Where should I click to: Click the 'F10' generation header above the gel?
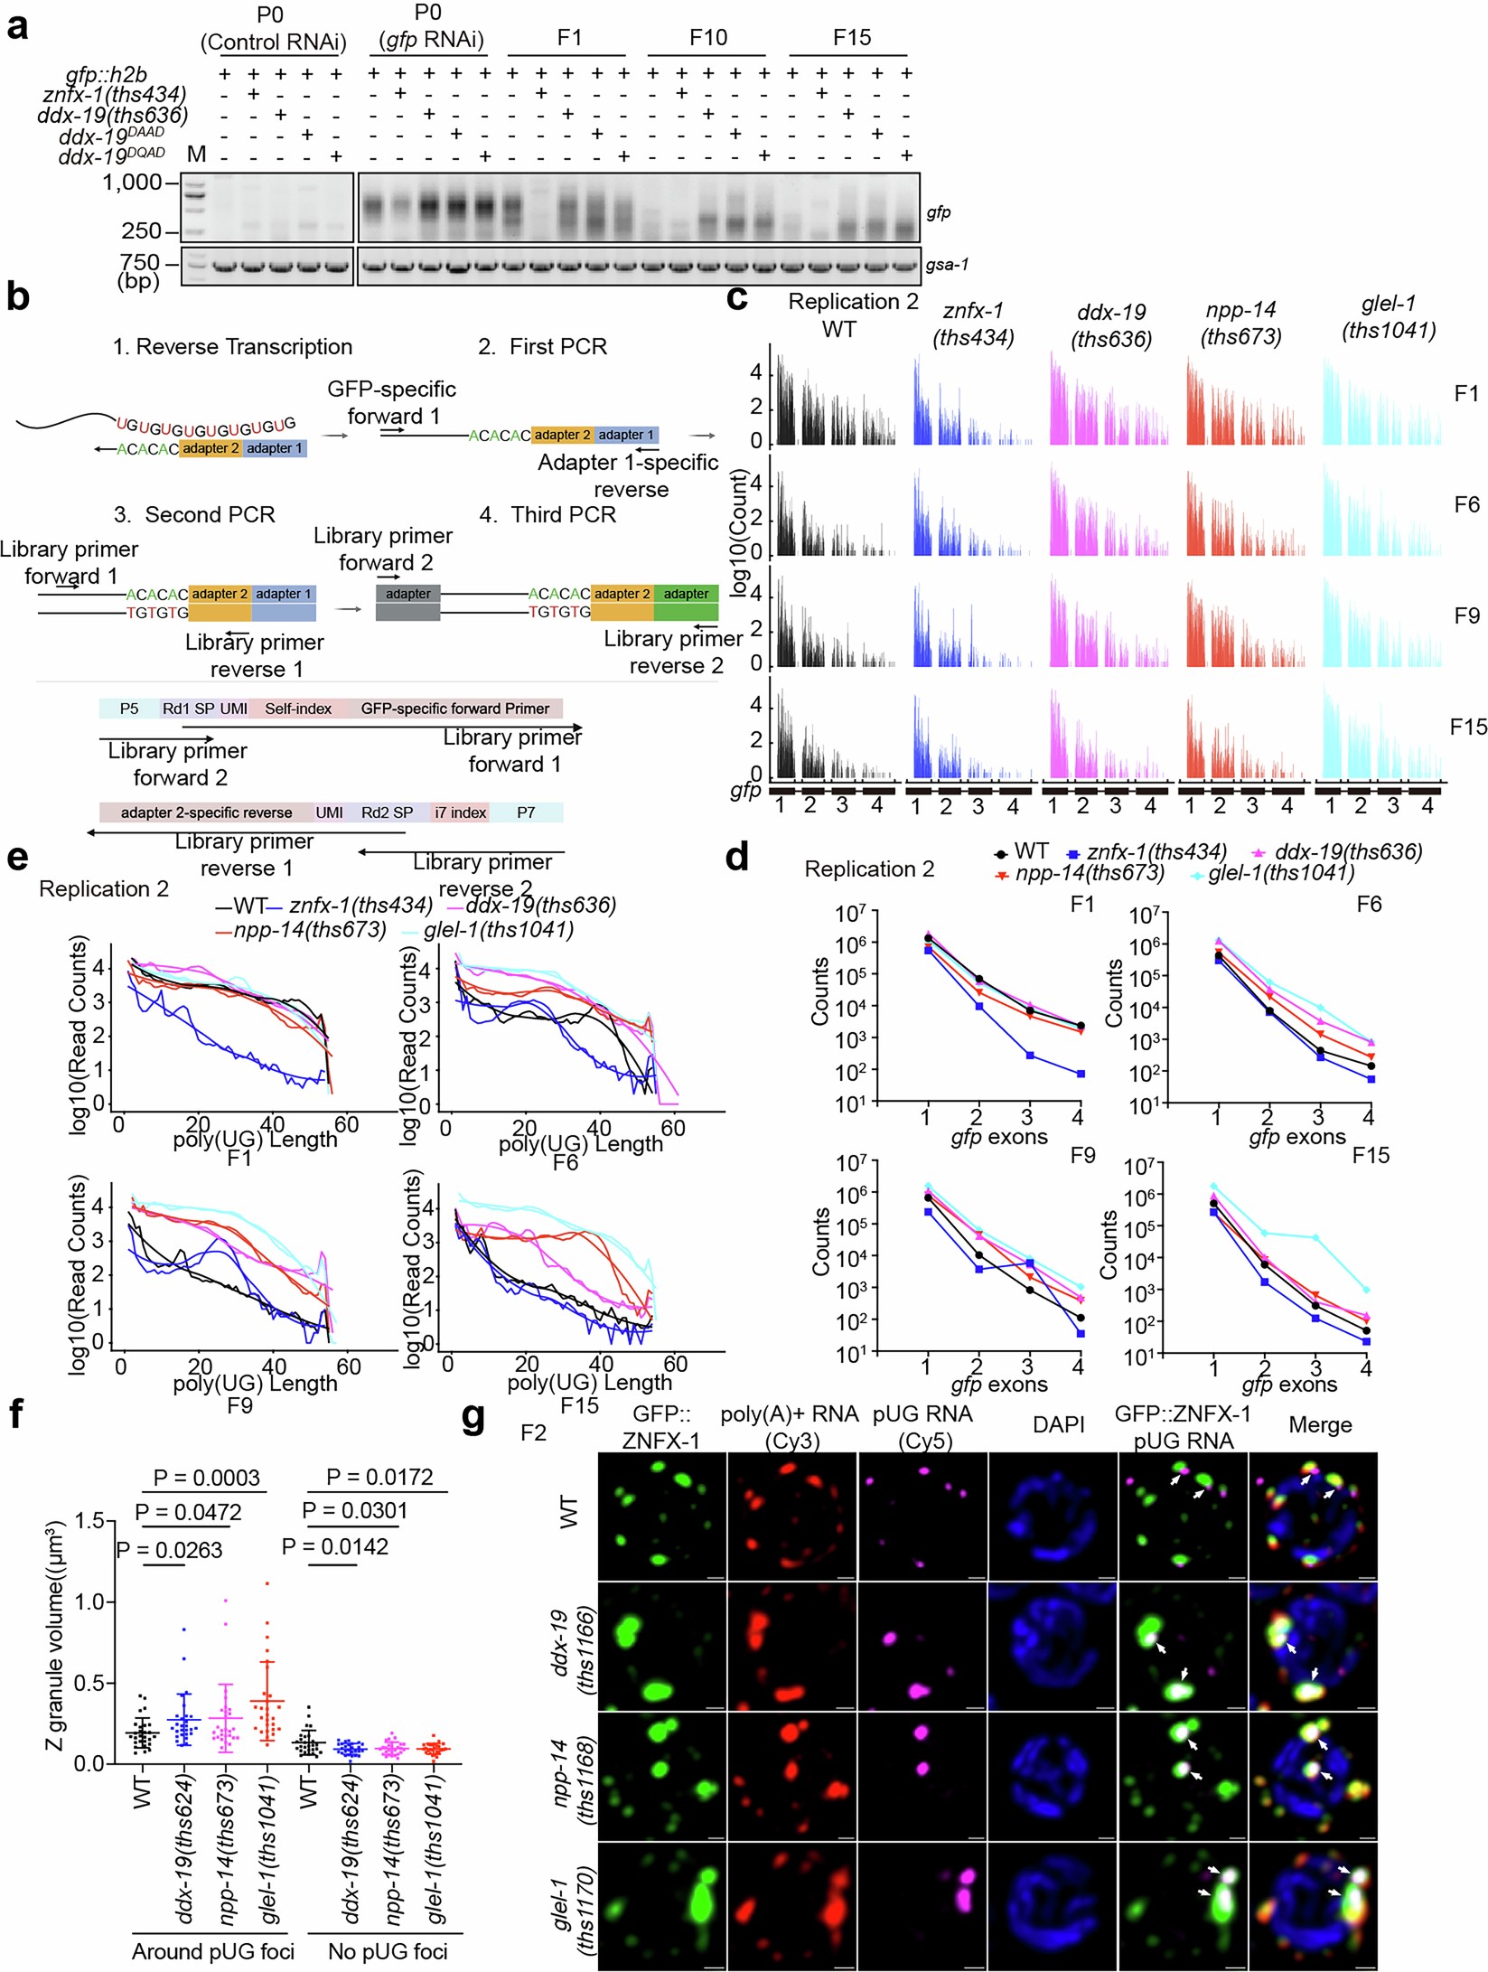(x=707, y=37)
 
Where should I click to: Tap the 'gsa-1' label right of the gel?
(x=947, y=265)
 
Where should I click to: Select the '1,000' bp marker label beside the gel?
(x=131, y=183)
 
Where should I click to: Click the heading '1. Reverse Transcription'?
(x=232, y=347)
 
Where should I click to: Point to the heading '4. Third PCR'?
(x=547, y=514)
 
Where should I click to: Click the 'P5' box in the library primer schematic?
(x=129, y=709)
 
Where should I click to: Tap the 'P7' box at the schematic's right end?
(x=526, y=812)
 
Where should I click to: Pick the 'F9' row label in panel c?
(x=1466, y=615)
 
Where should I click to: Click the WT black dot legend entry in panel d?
(x=1021, y=851)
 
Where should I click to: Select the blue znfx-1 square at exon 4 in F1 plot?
(x=1081, y=1074)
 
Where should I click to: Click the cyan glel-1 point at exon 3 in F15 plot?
(x=1315, y=1237)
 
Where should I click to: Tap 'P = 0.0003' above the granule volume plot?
(x=206, y=1478)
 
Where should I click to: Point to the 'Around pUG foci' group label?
(x=213, y=1951)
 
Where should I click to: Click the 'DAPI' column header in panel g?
(x=1058, y=1424)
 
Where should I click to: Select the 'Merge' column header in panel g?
(x=1320, y=1425)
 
